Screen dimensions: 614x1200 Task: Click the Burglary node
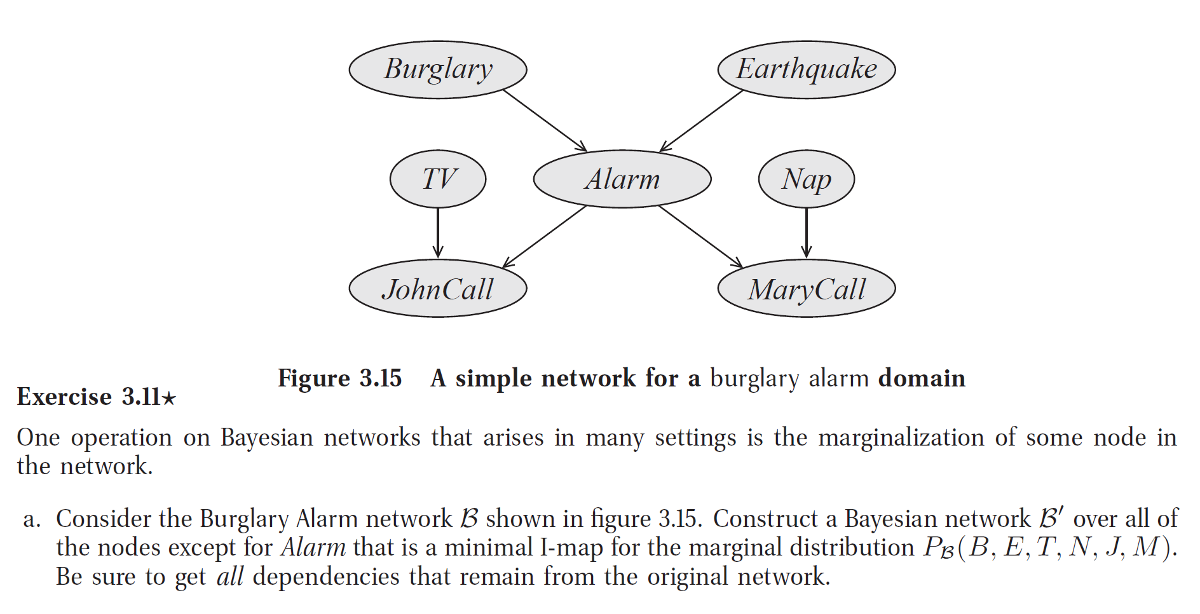[438, 70]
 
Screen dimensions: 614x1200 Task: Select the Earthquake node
[806, 70]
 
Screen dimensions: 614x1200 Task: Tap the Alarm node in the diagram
[622, 179]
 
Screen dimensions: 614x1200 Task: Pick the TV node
[438, 179]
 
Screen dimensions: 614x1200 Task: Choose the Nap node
[806, 179]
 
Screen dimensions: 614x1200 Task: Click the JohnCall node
[438, 289]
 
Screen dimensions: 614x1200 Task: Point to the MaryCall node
[806, 289]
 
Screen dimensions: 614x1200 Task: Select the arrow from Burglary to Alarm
[544, 120]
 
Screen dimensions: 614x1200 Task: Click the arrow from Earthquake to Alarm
[702, 120]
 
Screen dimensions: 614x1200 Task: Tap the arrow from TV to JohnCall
[438, 233]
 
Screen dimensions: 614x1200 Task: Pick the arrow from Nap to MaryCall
[806, 233]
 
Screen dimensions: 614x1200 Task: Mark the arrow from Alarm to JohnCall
[545, 236]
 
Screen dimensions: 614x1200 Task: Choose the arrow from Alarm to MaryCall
[700, 236]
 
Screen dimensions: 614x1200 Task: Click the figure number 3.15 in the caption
[380, 379]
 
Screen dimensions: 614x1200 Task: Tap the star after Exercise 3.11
[168, 399]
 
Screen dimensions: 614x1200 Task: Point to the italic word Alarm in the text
[313, 548]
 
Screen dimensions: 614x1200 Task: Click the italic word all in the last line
[229, 577]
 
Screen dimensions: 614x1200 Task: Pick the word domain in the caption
[922, 379]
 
